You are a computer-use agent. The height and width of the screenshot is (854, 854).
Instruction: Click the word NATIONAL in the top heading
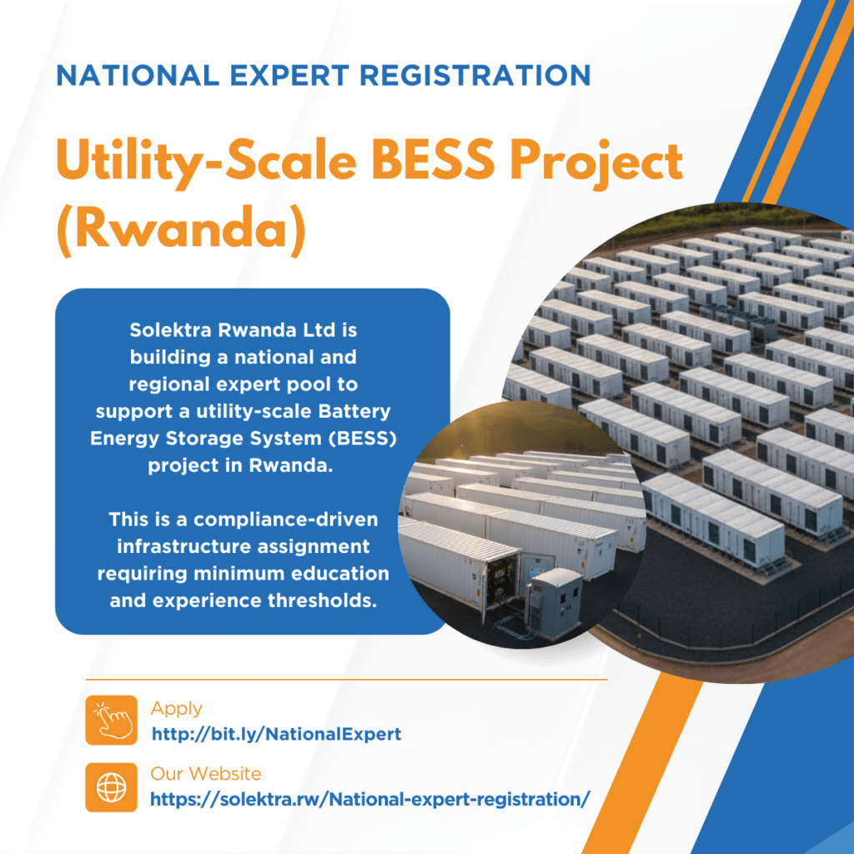[138, 75]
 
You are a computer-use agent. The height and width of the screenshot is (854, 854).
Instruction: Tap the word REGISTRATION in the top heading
[475, 75]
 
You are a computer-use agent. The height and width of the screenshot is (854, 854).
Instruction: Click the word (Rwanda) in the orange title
[181, 229]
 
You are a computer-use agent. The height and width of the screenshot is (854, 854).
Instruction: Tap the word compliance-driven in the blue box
[286, 520]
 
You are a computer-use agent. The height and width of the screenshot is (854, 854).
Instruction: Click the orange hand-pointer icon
[112, 720]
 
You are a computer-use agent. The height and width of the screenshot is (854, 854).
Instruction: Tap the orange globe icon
[112, 787]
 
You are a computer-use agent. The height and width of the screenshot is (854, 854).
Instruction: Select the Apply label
[177, 709]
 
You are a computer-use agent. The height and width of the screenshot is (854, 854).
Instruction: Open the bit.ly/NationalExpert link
[277, 734]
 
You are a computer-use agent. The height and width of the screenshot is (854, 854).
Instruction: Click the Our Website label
[206, 773]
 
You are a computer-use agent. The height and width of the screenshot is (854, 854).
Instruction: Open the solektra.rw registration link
[370, 799]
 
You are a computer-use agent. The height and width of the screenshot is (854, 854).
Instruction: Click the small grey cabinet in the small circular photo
[555, 602]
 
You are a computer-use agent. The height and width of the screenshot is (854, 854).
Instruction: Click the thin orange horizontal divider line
[346, 680]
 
